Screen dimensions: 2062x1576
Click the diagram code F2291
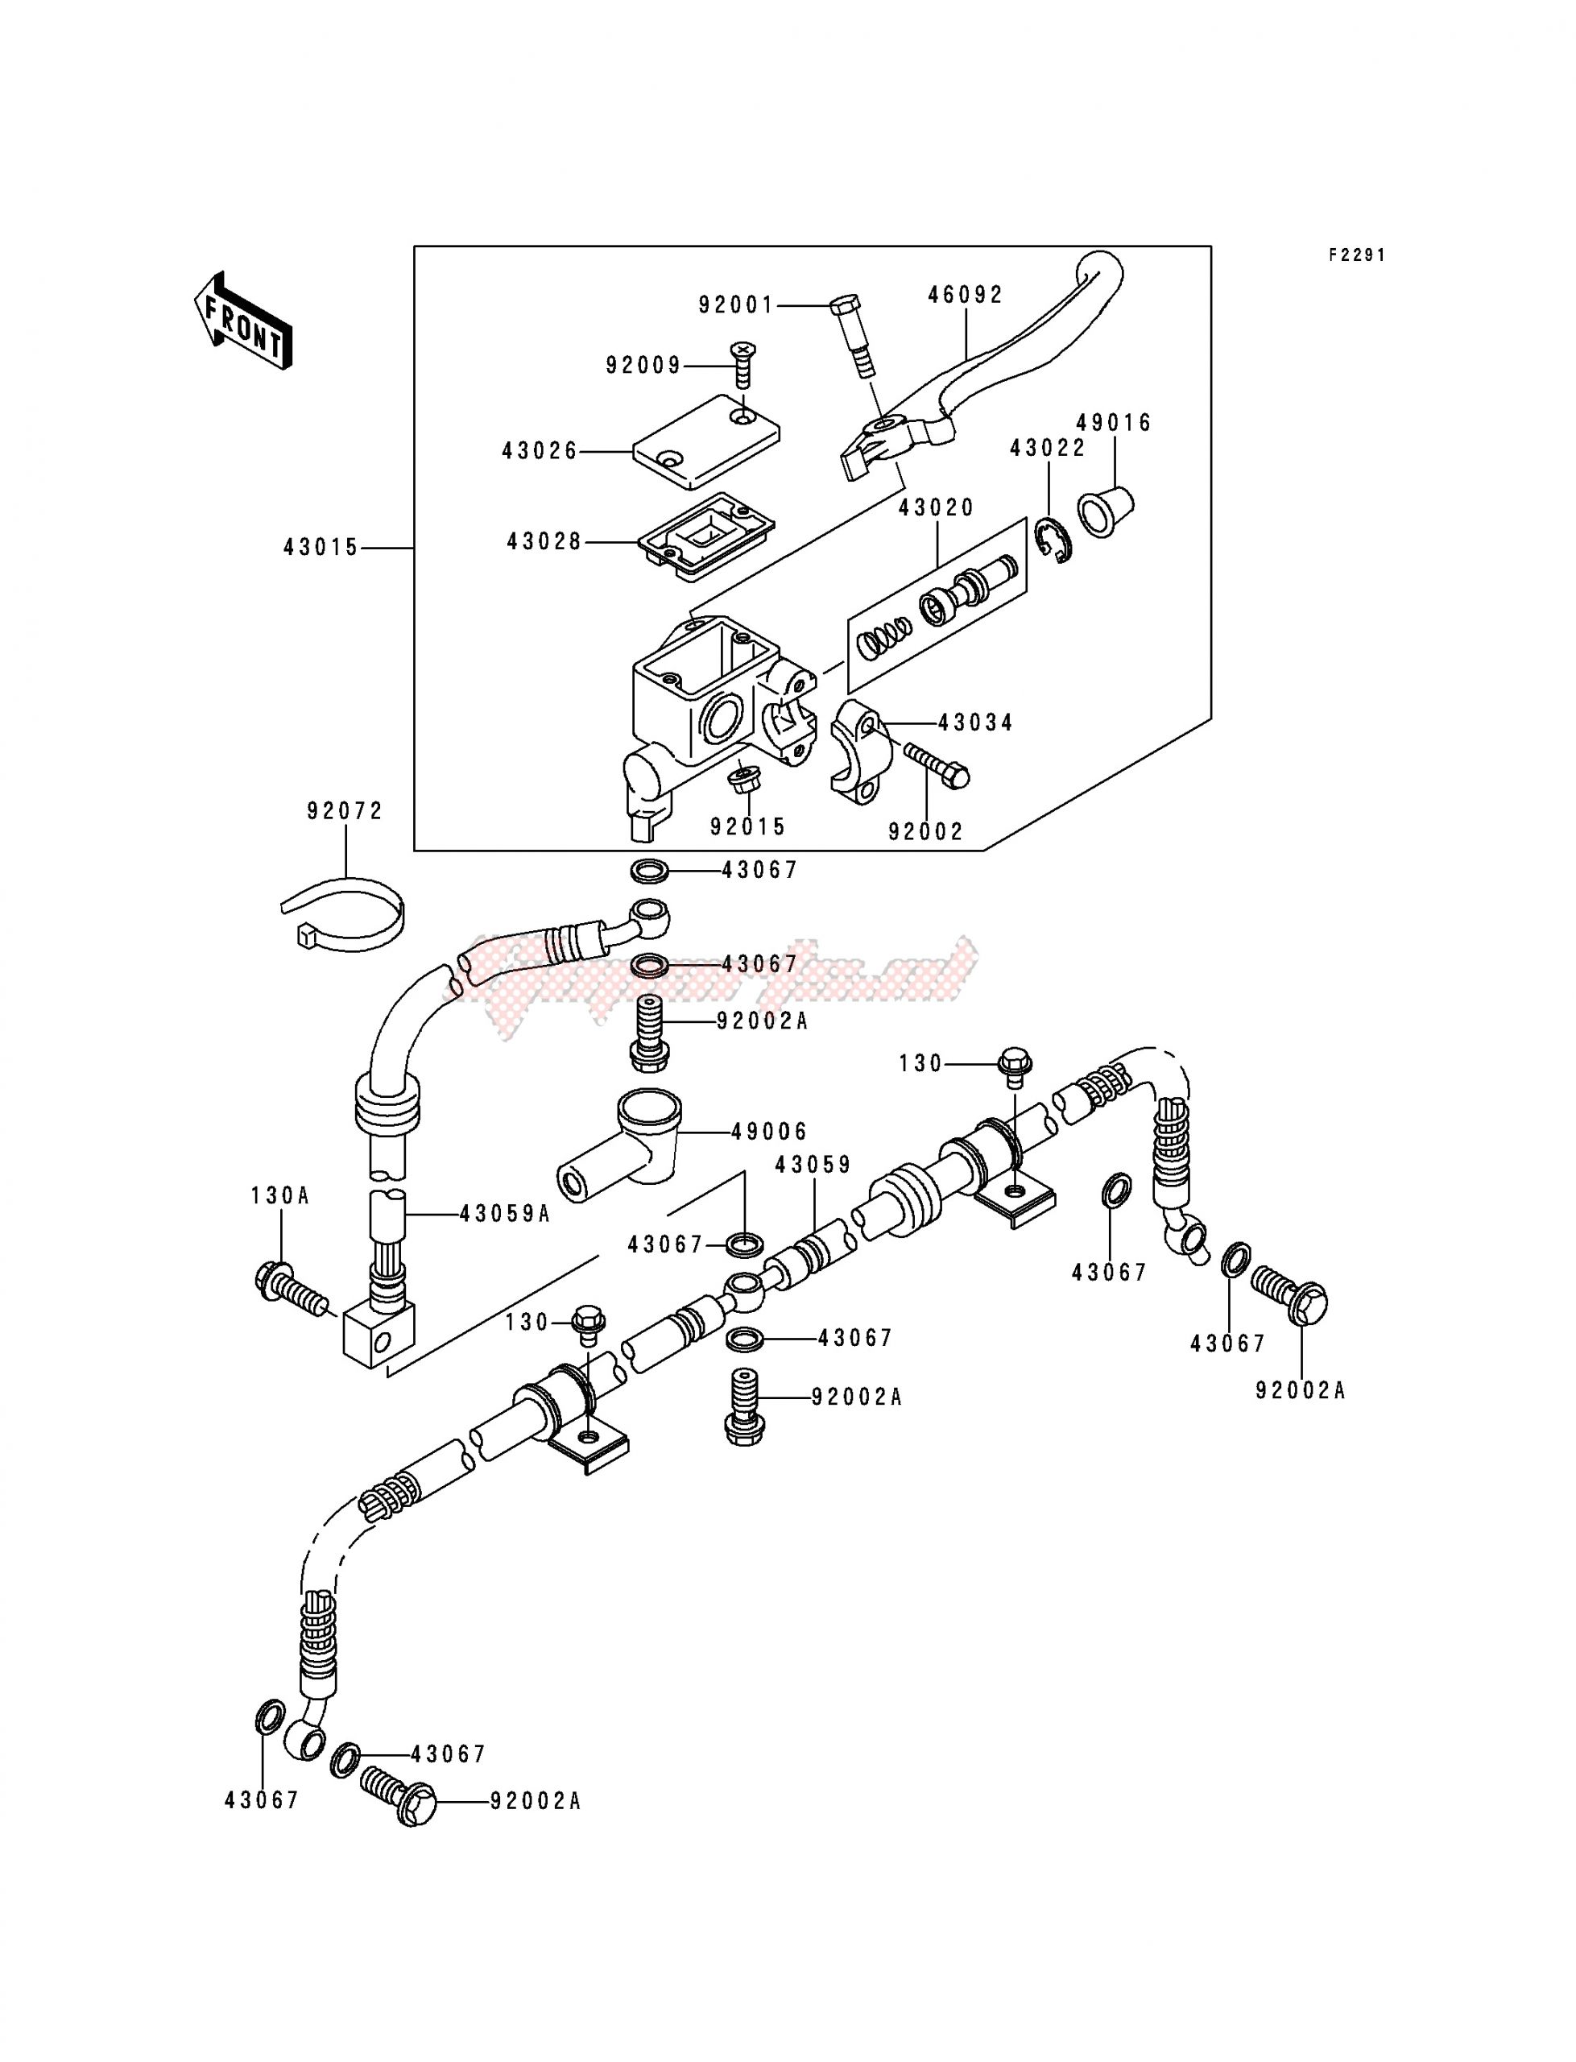pyautogui.click(x=1356, y=255)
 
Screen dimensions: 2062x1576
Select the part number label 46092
pyautogui.click(x=966, y=295)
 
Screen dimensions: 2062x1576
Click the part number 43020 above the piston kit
pyautogui.click(x=937, y=507)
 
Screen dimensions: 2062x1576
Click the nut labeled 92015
pyautogui.click(x=745, y=780)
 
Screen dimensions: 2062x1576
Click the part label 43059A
pyautogui.click(x=505, y=1214)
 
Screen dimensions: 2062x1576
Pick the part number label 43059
pyautogui.click(x=813, y=1164)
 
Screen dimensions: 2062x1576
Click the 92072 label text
pyautogui.click(x=345, y=810)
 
